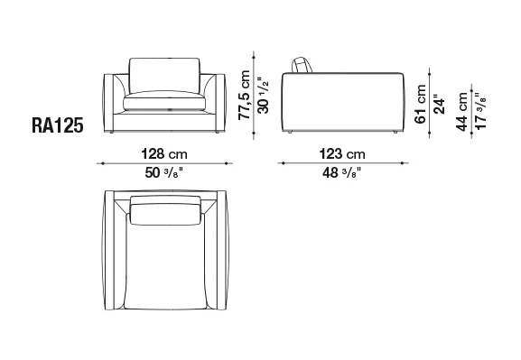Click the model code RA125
point(57,125)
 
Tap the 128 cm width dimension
point(164,154)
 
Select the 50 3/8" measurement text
point(164,172)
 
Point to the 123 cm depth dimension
point(342,154)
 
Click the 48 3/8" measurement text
point(342,172)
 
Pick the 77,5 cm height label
point(244,95)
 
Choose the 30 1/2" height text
point(263,96)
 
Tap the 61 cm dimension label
point(421,105)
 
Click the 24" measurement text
point(439,106)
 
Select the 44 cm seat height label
point(461,112)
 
